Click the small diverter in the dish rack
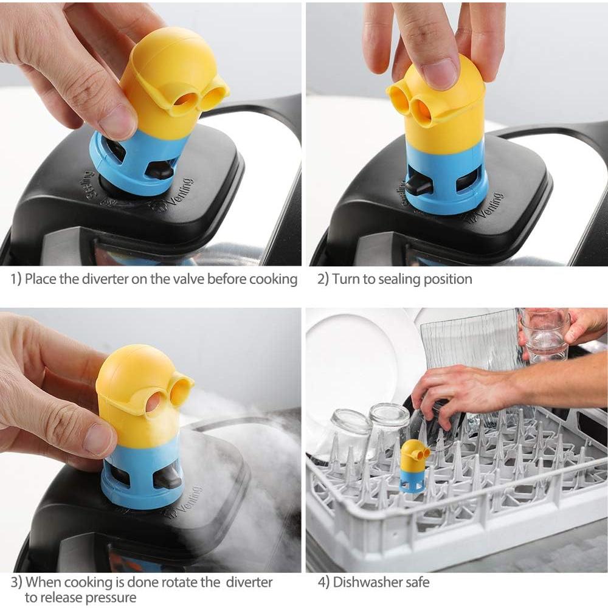[413, 466]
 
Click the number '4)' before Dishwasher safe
[323, 582]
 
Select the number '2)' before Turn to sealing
[323, 279]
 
